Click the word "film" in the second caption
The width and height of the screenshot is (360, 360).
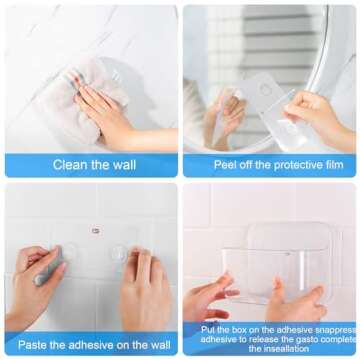tap(330, 165)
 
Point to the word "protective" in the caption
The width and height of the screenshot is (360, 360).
tap(286, 165)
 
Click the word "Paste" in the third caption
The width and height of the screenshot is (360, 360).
tap(35, 345)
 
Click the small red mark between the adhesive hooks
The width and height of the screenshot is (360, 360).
tap(95, 230)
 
